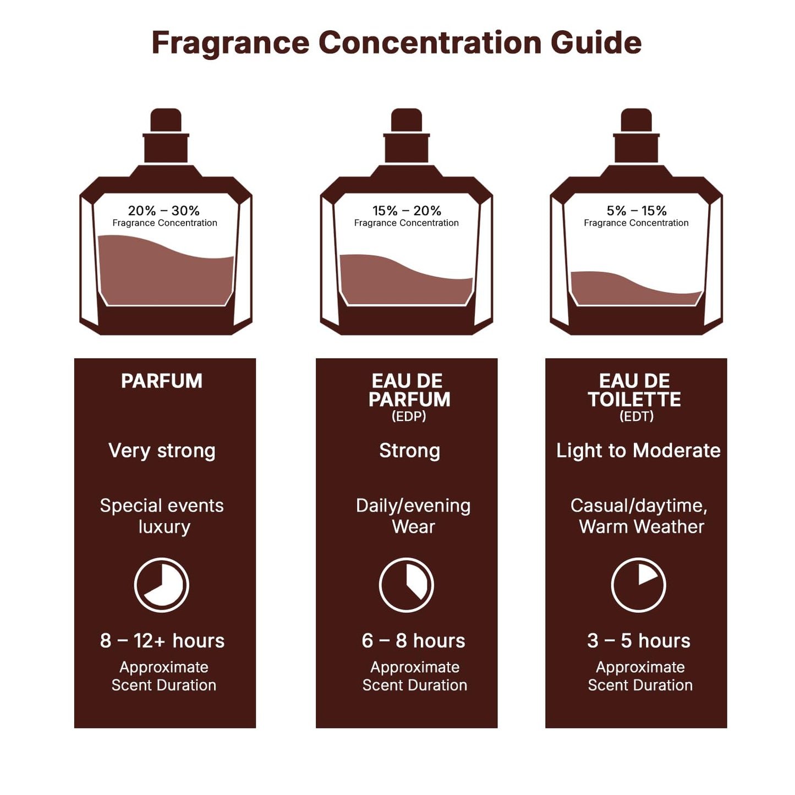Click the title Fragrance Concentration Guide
click(396, 43)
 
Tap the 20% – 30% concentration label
click(164, 211)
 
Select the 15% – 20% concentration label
click(407, 211)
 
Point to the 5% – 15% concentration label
click(637, 211)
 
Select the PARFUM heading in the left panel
click(162, 381)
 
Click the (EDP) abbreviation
click(409, 416)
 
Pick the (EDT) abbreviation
click(637, 416)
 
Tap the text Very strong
click(162, 451)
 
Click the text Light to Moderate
click(638, 451)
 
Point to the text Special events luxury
click(162, 516)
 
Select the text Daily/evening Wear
click(413, 516)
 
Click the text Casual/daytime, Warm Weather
click(639, 516)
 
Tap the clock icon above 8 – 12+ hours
click(162, 585)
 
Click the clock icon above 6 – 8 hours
click(407, 585)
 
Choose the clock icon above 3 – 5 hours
click(639, 585)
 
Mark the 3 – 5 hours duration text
click(639, 641)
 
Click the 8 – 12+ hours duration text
click(162, 641)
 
